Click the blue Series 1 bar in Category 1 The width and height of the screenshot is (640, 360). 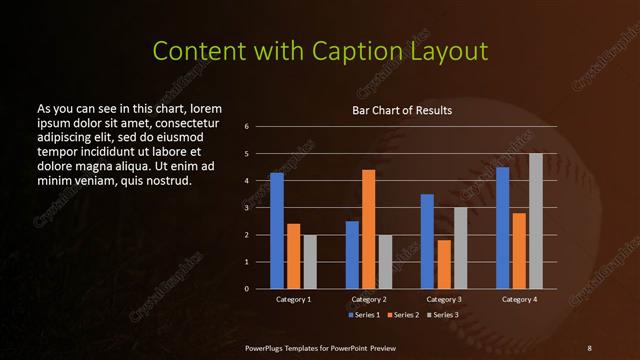277,231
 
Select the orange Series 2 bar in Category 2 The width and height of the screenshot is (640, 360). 368,229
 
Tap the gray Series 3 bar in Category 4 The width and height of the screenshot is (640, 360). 536,221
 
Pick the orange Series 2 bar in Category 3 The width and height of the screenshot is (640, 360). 444,264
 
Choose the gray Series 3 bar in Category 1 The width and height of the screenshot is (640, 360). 310,262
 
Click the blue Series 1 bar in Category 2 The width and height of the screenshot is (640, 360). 352,255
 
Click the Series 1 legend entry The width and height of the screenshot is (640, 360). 362,315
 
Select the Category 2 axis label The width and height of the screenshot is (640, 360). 369,299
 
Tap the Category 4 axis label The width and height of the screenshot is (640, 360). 519,299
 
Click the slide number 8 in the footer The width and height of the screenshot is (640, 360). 589,347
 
